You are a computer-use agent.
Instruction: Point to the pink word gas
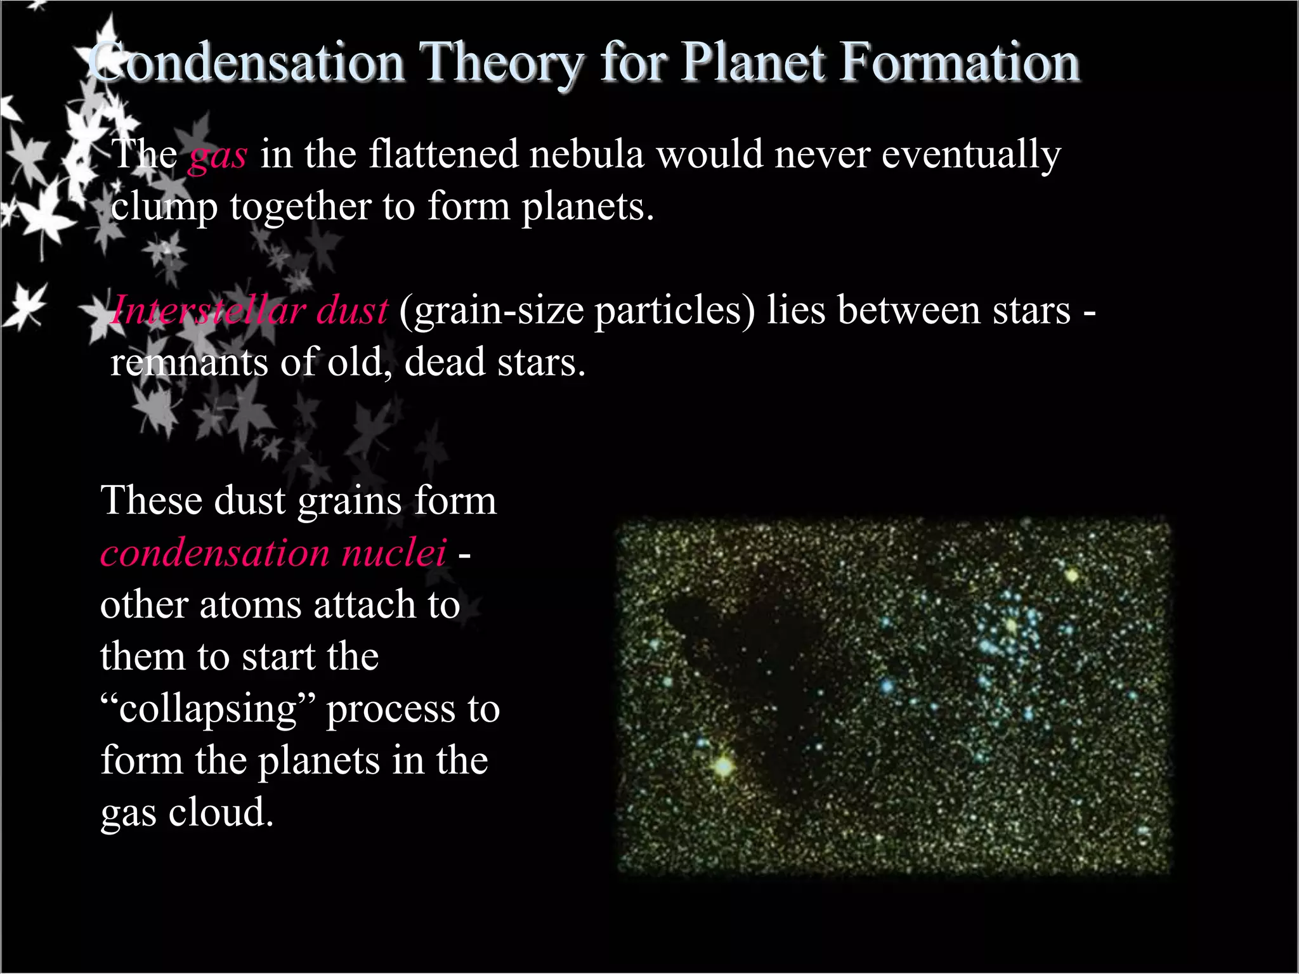click(x=218, y=156)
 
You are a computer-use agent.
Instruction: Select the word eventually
click(x=971, y=155)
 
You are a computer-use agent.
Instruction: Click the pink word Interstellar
click(x=207, y=311)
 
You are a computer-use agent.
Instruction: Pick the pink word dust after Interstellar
click(x=352, y=311)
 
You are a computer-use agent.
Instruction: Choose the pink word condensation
click(x=214, y=552)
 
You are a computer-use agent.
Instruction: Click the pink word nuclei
click(x=394, y=552)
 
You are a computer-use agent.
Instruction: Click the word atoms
click(x=251, y=604)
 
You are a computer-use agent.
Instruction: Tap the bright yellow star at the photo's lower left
click(x=723, y=765)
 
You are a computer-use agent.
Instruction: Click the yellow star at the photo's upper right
click(x=1072, y=576)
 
